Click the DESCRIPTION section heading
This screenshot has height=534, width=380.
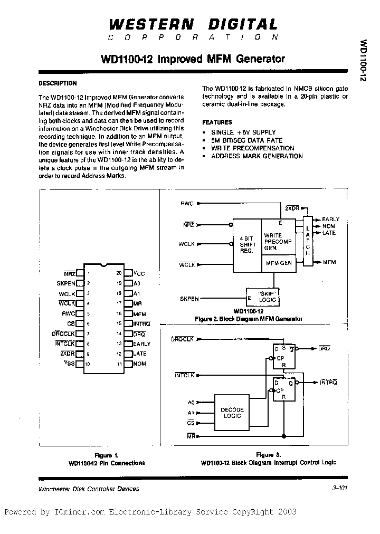pos(58,83)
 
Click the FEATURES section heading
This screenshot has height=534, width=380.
pos(217,122)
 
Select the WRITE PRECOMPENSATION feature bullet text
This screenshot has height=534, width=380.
pos(253,148)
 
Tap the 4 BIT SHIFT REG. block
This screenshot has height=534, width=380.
pos(248,244)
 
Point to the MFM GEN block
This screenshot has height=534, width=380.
pos(279,263)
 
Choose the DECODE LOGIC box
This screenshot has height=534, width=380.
pos(232,412)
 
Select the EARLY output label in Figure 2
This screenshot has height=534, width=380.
pos(331,219)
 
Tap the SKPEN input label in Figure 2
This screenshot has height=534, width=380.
pos(189,299)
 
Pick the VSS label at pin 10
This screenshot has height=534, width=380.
pos(70,364)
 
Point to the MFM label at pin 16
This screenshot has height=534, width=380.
pos(140,313)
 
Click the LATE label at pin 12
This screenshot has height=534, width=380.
pos(140,354)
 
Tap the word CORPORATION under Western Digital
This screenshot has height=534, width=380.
pos(193,37)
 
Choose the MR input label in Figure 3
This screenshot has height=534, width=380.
pos(191,436)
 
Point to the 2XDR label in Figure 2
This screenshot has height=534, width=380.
pos(291,208)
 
